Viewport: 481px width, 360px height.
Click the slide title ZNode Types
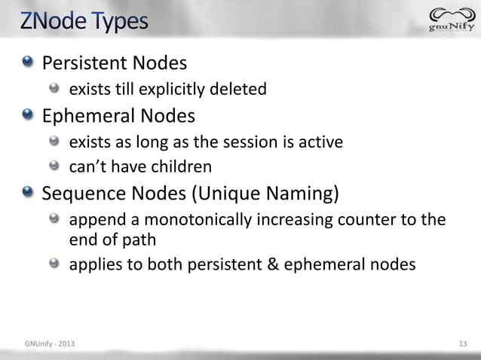pos(84,20)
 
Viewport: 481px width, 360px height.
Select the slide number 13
pos(463,345)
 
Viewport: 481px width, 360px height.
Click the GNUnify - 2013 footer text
pos(49,345)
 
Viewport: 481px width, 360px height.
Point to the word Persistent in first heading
pos(84,61)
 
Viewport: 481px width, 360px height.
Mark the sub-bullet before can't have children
pos(56,166)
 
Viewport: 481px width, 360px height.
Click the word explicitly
pos(167,90)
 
